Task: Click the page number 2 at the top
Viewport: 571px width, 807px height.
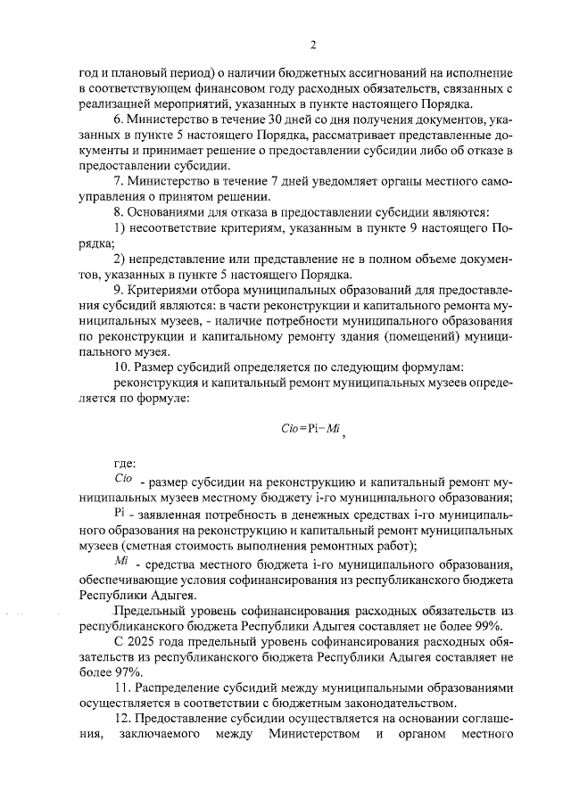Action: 313,45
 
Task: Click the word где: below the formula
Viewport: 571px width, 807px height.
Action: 125,463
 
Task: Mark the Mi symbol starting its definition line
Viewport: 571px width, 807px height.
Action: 123,562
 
